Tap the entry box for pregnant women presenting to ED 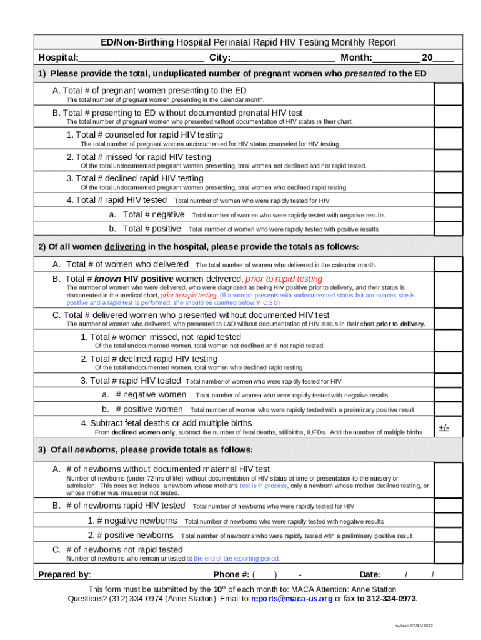[x=448, y=94]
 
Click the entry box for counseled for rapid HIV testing [x=448, y=139]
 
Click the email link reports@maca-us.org [x=291, y=599]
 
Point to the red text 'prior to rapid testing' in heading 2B [x=284, y=279]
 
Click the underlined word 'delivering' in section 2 [x=125, y=246]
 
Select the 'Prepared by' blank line [x=150, y=575]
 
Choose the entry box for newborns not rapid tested [x=448, y=553]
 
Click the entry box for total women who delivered [x=448, y=264]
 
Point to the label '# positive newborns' [x=131, y=536]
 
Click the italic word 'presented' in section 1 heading [x=365, y=74]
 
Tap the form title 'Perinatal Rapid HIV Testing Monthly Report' [x=286, y=42]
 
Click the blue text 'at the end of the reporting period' [x=232, y=559]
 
